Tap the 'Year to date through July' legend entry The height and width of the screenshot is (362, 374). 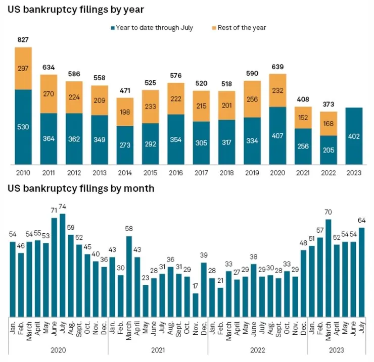pos(152,27)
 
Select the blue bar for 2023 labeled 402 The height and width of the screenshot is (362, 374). pos(354,136)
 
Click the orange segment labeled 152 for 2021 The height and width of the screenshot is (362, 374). pos(303,117)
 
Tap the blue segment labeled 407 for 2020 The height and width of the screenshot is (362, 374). pos(278,135)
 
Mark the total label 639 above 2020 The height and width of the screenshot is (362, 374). pos(278,67)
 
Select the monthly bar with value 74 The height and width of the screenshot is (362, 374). pos(63,263)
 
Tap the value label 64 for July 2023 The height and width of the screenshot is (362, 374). pos(362,220)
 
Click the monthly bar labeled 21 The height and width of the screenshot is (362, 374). pos(221,300)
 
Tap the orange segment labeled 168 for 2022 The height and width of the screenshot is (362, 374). pos(329,123)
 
